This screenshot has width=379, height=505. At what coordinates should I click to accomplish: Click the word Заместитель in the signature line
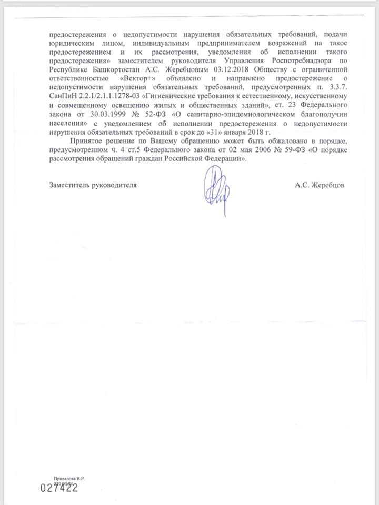[x=71, y=186]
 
